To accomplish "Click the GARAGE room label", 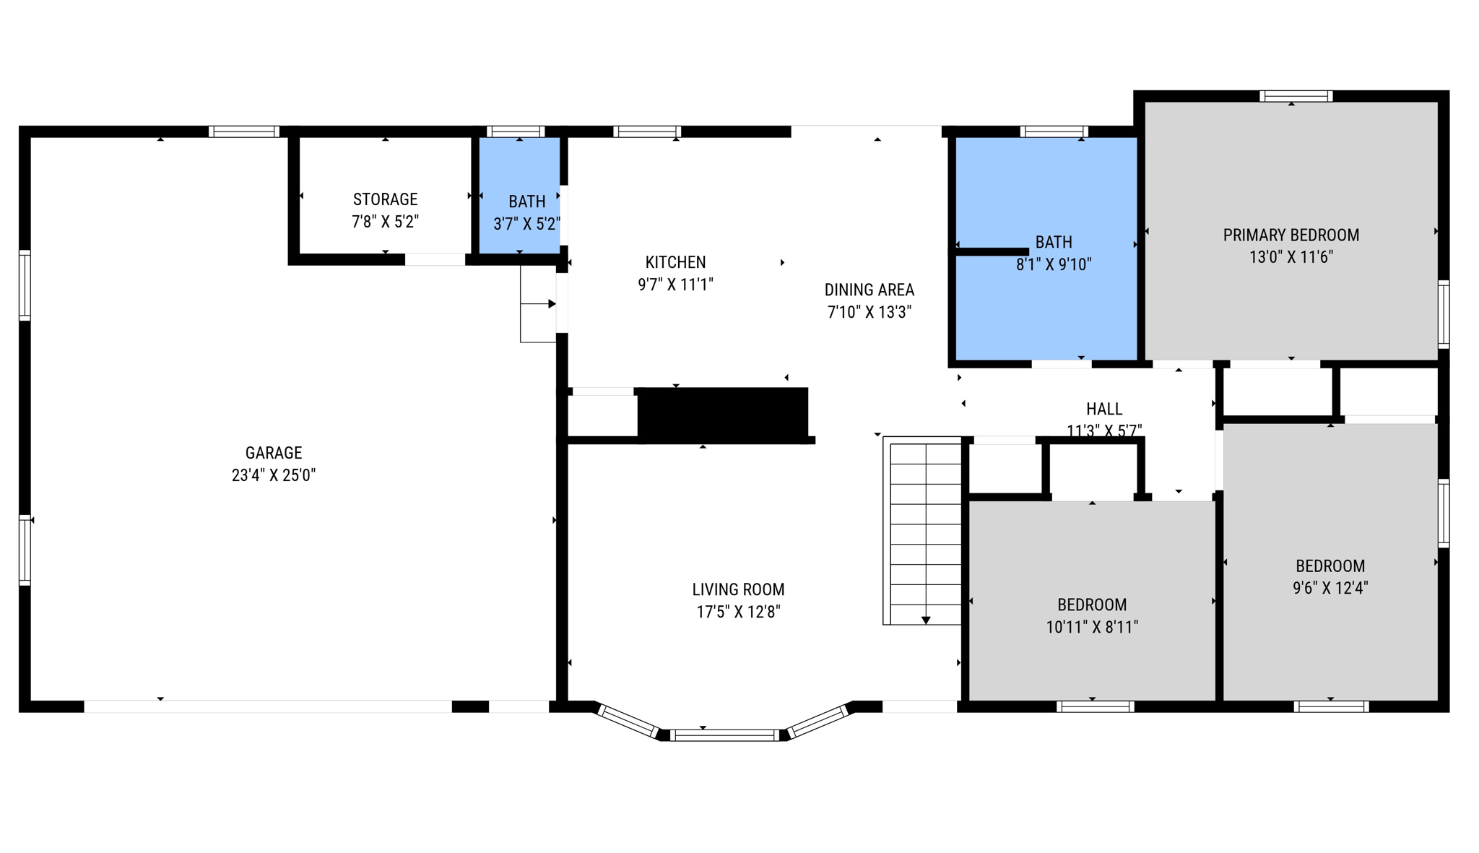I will (x=274, y=453).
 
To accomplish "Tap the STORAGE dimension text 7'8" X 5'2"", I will (x=385, y=222).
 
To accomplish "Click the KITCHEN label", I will (x=675, y=262).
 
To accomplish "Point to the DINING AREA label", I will (x=869, y=290).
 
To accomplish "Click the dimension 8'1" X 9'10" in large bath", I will (x=1053, y=264).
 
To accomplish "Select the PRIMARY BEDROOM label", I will (x=1291, y=235).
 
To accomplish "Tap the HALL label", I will (x=1103, y=409).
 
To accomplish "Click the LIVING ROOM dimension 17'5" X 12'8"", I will (x=738, y=612).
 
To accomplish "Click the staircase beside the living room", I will (x=925, y=531).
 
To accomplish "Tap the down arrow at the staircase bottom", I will (x=926, y=620).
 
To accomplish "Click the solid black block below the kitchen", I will (x=722, y=414).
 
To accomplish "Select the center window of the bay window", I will (x=724, y=735).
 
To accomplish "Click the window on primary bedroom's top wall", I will (x=1296, y=96).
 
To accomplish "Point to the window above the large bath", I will (x=1054, y=131).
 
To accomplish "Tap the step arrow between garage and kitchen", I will (x=539, y=304).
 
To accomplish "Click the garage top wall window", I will (x=244, y=131).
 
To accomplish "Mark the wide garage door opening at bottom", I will (x=268, y=706).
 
